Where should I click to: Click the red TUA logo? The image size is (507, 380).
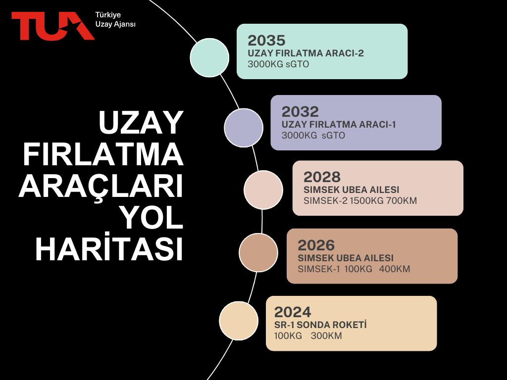53,26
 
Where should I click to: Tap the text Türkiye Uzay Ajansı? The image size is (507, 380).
115,19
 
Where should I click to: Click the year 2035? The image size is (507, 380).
266,41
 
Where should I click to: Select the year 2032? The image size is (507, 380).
300,112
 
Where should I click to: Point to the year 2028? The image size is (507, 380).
322,177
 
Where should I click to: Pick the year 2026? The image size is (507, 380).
316,245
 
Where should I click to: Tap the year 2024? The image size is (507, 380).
293,312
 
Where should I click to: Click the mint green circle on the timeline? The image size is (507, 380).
209,57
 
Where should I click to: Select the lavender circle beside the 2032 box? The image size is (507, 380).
244,128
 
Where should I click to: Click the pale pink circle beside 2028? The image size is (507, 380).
263,190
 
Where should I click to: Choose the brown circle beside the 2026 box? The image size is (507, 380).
258,252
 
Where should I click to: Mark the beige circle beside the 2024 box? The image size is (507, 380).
239,321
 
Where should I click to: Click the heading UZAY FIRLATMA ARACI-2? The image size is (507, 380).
305,53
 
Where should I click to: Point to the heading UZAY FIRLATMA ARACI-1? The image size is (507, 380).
339,124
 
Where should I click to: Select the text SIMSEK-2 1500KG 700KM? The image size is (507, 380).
360,201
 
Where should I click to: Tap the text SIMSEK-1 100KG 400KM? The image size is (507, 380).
354,269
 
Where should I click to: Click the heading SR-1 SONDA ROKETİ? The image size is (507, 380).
320,325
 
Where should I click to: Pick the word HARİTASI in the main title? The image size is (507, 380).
109,249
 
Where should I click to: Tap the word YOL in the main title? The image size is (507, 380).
151,218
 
